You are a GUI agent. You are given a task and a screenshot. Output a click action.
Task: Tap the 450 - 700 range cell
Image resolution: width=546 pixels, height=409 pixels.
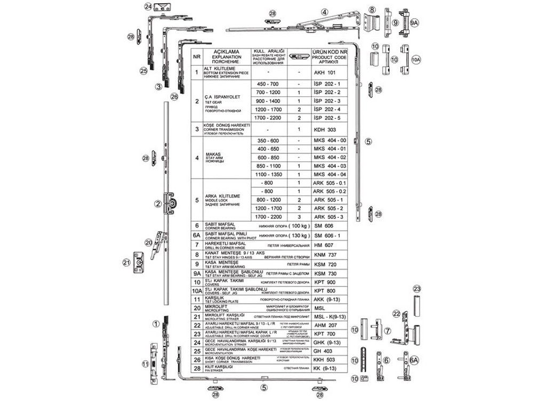point(268,84)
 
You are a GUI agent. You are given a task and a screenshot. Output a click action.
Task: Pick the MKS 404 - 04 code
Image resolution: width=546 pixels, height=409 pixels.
point(330,175)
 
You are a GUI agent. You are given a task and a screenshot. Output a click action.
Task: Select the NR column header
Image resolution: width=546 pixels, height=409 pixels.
point(197,55)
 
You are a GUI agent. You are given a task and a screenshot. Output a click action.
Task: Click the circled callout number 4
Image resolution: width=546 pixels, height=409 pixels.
point(324,12)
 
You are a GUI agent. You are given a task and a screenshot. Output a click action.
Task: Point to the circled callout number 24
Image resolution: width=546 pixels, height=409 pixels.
point(148,6)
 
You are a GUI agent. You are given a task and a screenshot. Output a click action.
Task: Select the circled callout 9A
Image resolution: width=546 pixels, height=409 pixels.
point(414,23)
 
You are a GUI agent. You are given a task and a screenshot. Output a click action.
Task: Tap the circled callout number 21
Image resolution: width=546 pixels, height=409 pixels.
point(126,262)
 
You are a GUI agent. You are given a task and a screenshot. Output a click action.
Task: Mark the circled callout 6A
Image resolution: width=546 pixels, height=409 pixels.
point(414,361)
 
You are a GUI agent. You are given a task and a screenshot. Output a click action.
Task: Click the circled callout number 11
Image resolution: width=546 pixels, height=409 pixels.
point(145,364)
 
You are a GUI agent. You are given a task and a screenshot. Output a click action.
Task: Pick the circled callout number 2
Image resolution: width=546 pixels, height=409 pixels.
point(158,203)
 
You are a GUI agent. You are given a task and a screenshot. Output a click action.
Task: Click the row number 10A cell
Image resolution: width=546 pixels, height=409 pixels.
point(197,291)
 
